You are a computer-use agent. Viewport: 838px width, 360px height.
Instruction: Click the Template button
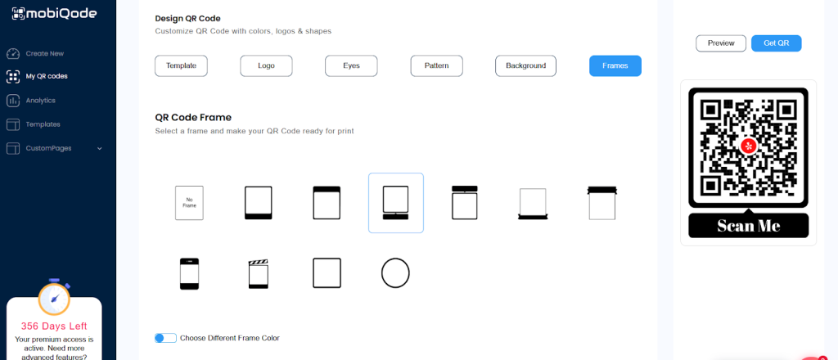(x=181, y=66)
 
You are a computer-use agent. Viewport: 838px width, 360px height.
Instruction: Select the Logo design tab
(x=266, y=66)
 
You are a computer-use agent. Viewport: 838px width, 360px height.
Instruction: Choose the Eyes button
(x=351, y=66)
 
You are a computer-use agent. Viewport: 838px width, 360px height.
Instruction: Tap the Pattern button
(x=437, y=66)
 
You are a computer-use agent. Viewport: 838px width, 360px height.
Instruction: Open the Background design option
(x=526, y=66)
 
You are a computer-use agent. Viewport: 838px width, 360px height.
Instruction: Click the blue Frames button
(x=615, y=66)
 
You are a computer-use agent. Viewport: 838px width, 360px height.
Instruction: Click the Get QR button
(x=776, y=43)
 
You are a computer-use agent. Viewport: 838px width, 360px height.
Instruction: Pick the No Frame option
(x=189, y=203)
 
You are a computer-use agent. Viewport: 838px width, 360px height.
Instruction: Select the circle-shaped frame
(x=395, y=273)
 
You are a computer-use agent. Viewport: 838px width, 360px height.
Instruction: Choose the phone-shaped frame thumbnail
(x=189, y=274)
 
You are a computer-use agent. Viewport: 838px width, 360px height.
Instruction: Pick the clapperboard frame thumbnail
(x=258, y=274)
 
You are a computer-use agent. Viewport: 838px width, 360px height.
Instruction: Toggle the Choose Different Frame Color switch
(x=165, y=338)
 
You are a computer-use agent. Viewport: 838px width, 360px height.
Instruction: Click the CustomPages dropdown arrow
(x=99, y=148)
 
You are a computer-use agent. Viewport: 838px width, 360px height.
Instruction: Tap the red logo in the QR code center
(x=749, y=146)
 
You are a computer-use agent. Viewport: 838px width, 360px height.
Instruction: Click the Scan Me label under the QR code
(x=748, y=226)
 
